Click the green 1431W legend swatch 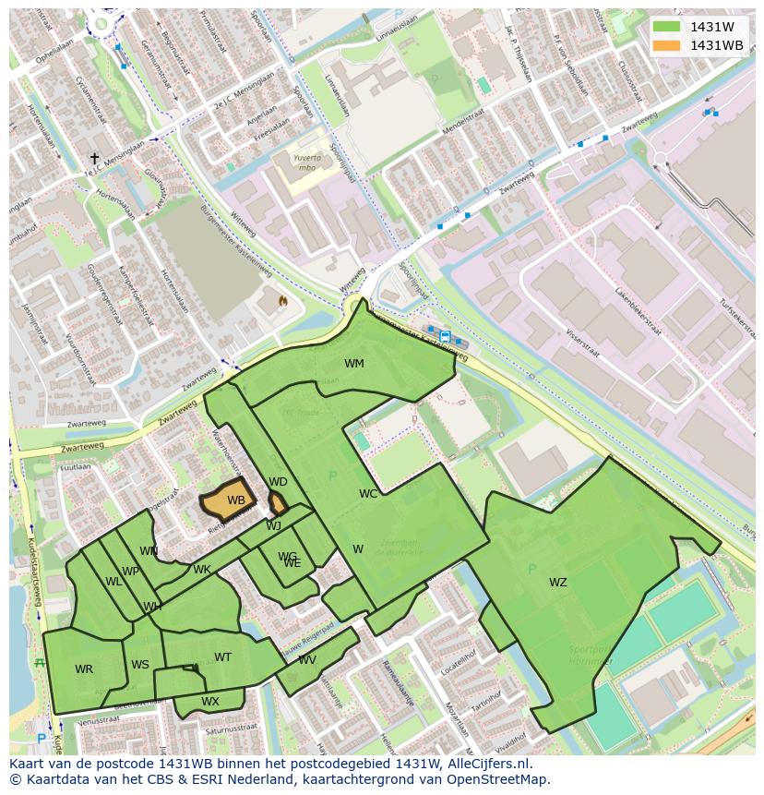tap(665, 27)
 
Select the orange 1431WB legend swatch tap(665, 45)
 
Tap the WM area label tap(354, 364)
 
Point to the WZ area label tap(558, 583)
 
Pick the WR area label tap(84, 669)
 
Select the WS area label tap(140, 665)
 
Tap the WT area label tap(222, 657)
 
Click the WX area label tap(210, 702)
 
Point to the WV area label tap(307, 660)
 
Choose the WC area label tap(368, 494)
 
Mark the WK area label tap(202, 570)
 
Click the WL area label tap(113, 582)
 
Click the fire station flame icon tap(282, 301)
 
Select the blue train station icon tap(446, 336)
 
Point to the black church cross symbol tap(94, 159)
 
